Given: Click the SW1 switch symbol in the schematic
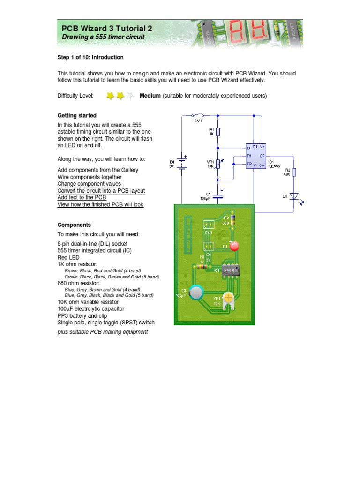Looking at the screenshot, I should (x=197, y=115).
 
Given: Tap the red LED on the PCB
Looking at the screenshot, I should (x=234, y=245).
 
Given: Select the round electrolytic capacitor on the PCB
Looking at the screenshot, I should (x=197, y=292).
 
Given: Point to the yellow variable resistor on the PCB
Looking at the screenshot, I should (x=229, y=297).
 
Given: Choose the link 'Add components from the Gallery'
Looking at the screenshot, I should (x=98, y=170).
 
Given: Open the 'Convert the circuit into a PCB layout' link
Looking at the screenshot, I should (x=101, y=191).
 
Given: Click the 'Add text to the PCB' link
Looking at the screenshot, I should (x=82, y=198).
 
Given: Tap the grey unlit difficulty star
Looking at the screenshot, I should (x=131, y=96).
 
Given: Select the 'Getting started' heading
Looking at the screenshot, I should (x=77, y=115).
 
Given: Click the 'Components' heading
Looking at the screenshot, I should (x=74, y=225).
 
